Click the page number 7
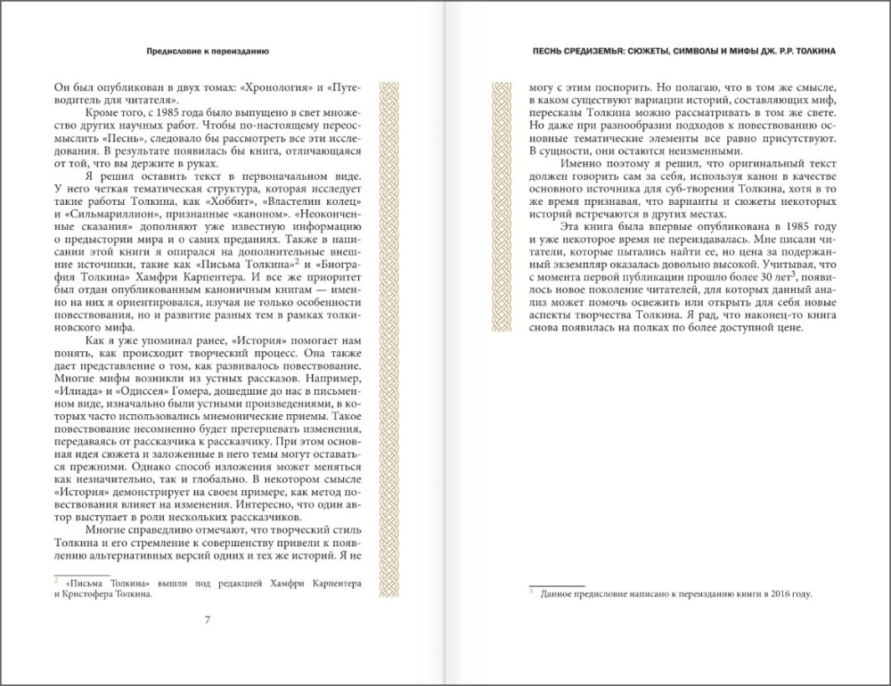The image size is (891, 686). coord(208,620)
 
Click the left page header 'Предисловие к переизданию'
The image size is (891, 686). coord(208,51)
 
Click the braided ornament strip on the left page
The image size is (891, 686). coord(390,339)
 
